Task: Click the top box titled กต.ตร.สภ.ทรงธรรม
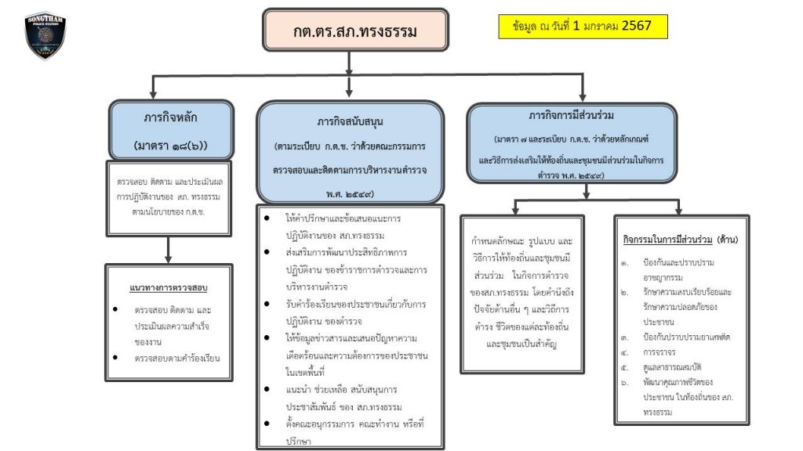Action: coord(355,31)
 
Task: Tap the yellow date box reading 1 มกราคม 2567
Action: coord(582,26)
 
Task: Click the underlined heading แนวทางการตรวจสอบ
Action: coord(168,287)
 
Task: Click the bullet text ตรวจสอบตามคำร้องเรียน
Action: coord(176,359)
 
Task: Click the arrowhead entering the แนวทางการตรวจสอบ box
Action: coord(169,259)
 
